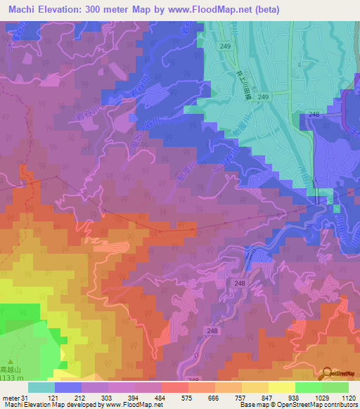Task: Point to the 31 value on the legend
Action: [26, 398]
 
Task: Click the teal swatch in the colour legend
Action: [41, 387]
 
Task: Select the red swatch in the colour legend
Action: [175, 387]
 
